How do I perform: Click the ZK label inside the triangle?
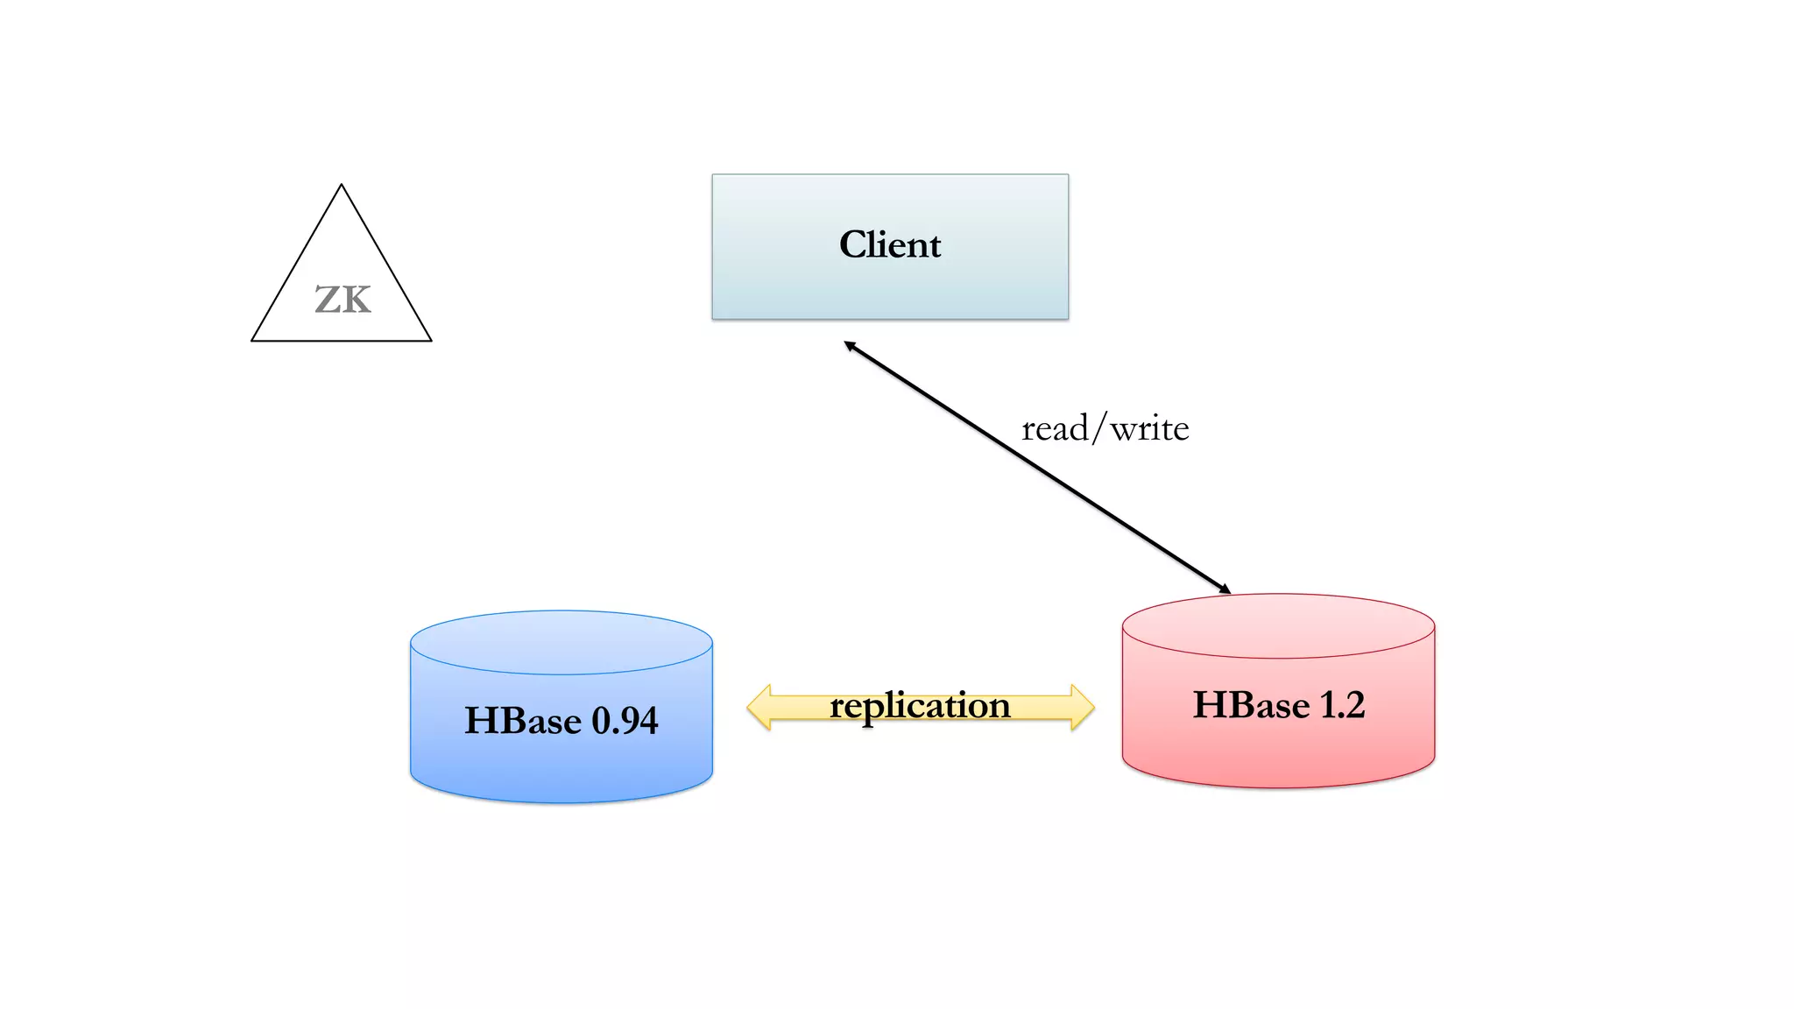pyautogui.click(x=343, y=300)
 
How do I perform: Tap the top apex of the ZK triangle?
pyautogui.click(x=342, y=187)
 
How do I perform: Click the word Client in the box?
pyautogui.click(x=890, y=244)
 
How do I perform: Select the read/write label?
pyautogui.click(x=1105, y=428)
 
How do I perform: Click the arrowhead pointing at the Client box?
pyautogui.click(x=849, y=345)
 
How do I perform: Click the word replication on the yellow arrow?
pyautogui.click(x=920, y=705)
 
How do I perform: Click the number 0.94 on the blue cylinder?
pyautogui.click(x=625, y=721)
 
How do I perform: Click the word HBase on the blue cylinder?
pyautogui.click(x=523, y=721)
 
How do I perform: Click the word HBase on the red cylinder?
pyautogui.click(x=1252, y=705)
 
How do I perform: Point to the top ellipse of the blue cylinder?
pyautogui.click(x=562, y=642)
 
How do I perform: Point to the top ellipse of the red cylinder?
pyautogui.click(x=1278, y=626)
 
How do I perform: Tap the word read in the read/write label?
pyautogui.click(x=1055, y=428)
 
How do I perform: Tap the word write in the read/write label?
pyautogui.click(x=1149, y=428)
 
